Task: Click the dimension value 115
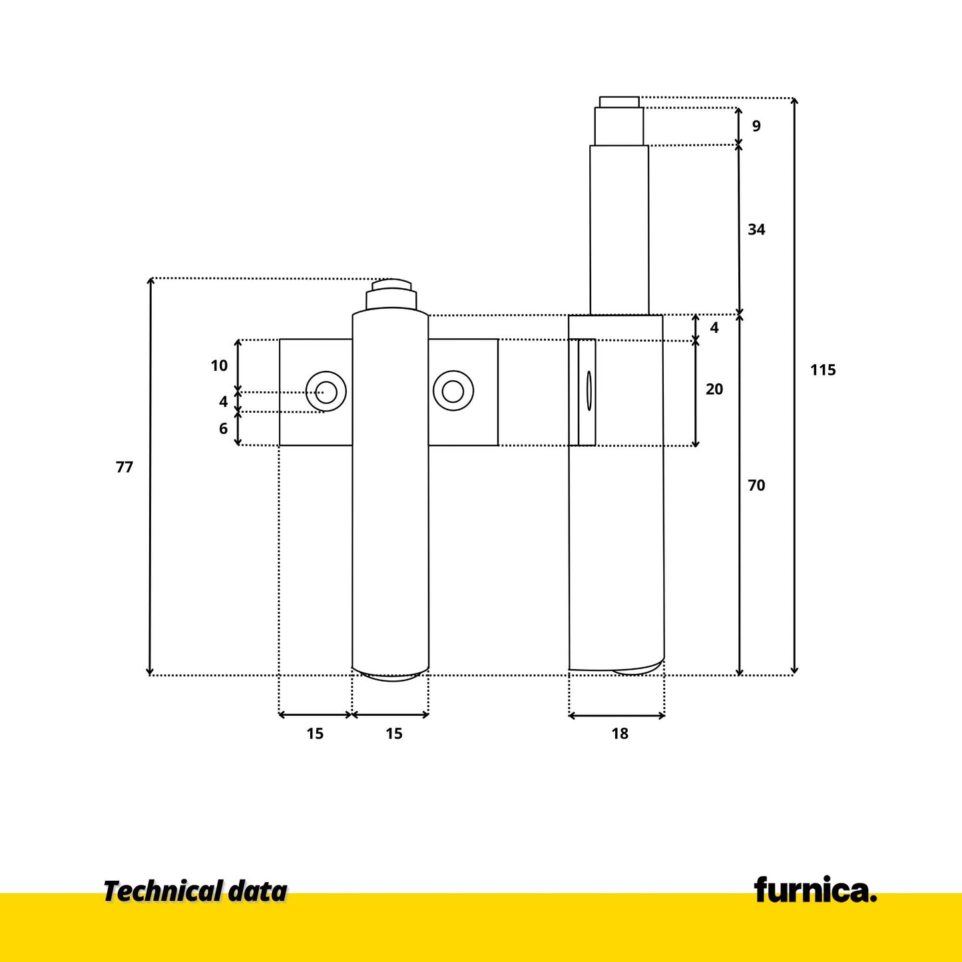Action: pos(823,370)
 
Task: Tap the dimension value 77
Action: pos(124,467)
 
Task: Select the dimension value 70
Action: pos(756,485)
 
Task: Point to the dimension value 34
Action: pos(756,229)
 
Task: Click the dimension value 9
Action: pos(756,126)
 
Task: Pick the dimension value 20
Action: pos(714,389)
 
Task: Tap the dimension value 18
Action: pos(620,734)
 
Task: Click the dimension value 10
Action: pos(219,366)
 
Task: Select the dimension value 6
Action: pos(223,428)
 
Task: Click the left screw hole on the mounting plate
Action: pos(326,391)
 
